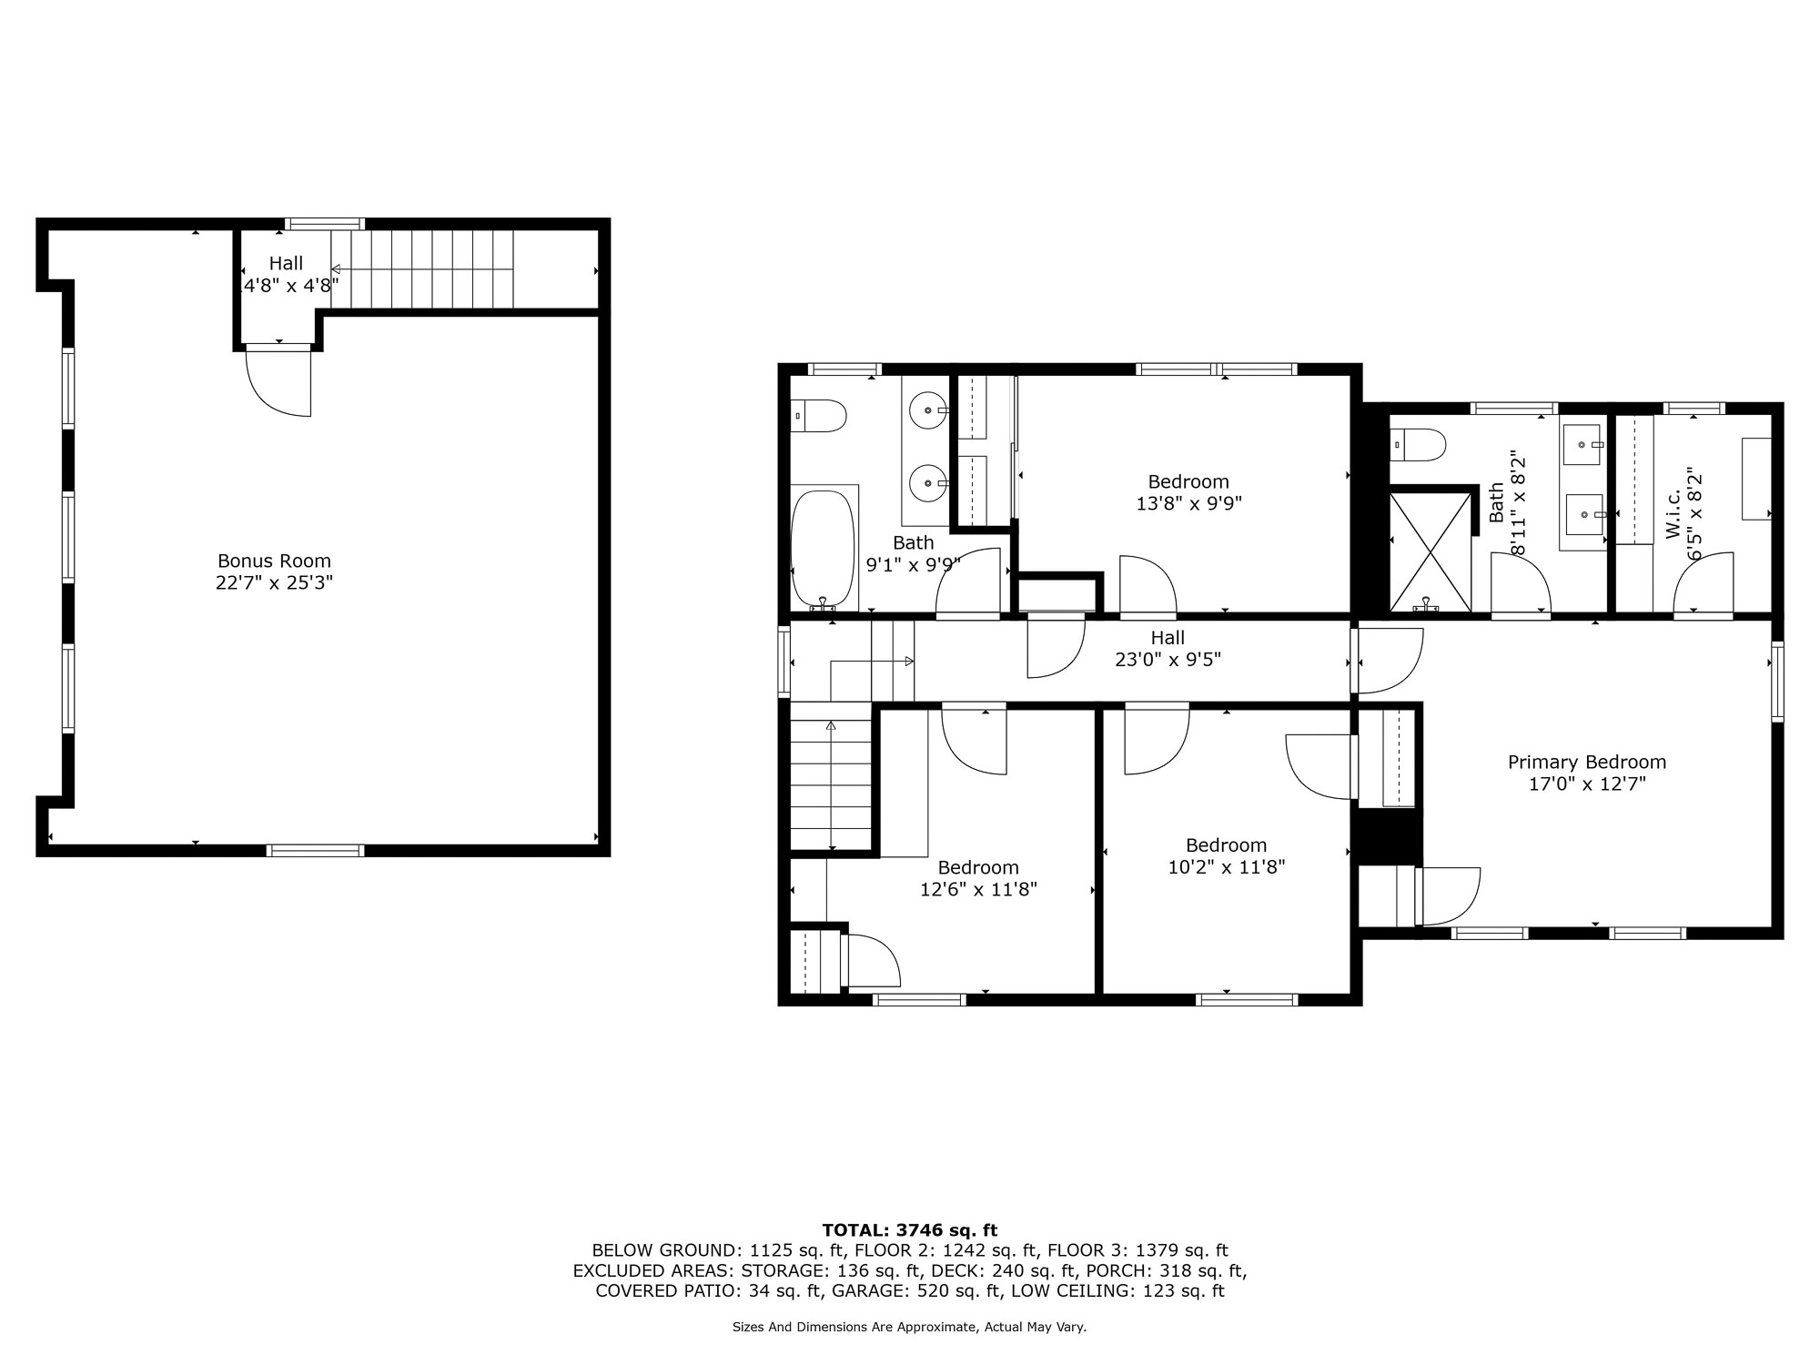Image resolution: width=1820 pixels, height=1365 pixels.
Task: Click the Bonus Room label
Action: click(274, 561)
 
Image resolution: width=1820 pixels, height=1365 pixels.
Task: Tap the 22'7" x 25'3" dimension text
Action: click(274, 582)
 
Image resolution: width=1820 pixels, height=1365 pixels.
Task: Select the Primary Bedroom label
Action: click(1587, 763)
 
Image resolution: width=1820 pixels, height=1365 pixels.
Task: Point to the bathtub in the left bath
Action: click(824, 549)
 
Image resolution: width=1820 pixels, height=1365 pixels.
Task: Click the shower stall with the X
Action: click(1431, 552)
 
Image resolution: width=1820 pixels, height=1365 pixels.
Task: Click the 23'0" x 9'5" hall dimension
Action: click(1168, 660)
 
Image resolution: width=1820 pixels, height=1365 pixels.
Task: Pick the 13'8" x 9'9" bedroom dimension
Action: click(1188, 503)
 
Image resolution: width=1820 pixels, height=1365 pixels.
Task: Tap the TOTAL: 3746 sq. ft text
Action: click(910, 1230)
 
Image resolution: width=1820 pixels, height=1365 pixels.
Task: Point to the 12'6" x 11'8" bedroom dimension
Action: click(978, 889)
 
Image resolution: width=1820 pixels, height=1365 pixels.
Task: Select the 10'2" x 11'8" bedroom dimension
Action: click(1226, 867)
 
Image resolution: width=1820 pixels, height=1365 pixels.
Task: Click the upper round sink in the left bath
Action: click(927, 410)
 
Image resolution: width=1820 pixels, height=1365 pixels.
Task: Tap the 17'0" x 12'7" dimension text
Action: click(1587, 784)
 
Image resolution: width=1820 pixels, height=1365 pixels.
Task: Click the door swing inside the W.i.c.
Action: click(1704, 581)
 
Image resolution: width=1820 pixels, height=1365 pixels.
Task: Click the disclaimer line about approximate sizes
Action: click(910, 1328)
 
